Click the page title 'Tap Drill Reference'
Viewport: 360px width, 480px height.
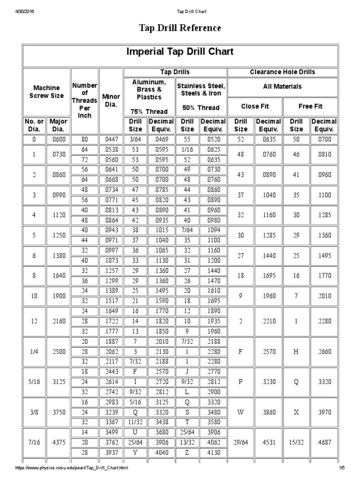(180, 28)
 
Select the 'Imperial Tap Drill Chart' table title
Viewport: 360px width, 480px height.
(180, 52)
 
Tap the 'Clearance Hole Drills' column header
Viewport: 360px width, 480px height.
(282, 72)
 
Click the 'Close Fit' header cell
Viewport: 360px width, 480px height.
(255, 106)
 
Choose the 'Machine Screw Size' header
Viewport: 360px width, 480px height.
(46, 91)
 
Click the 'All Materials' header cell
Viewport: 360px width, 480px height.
(282, 86)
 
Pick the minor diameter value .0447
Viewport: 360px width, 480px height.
(111, 139)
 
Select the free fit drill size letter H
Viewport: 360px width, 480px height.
(296, 351)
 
